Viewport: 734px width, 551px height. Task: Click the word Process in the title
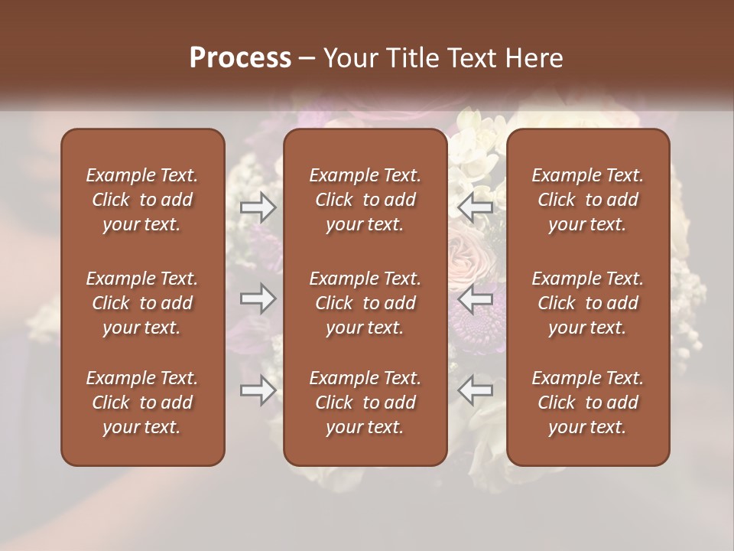[240, 58]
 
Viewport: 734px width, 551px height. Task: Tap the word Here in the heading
[534, 58]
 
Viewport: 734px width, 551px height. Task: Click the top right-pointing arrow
[258, 207]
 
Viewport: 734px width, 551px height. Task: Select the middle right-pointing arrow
[258, 298]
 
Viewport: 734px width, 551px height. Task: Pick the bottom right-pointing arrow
[258, 390]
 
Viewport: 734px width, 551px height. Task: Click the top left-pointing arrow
[476, 207]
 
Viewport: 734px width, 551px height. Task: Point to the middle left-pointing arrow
[476, 298]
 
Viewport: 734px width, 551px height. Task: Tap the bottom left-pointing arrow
[476, 390]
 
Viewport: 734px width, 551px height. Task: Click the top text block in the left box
[142, 200]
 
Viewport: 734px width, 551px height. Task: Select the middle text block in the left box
[142, 303]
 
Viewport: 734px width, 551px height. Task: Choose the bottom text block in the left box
[142, 403]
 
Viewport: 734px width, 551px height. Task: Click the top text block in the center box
[365, 200]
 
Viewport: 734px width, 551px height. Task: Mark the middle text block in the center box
[365, 303]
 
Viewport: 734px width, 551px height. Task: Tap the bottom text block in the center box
[365, 403]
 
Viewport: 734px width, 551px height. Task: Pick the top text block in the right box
[588, 200]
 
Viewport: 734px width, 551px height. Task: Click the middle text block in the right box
[588, 303]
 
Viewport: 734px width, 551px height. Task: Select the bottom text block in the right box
[588, 403]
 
